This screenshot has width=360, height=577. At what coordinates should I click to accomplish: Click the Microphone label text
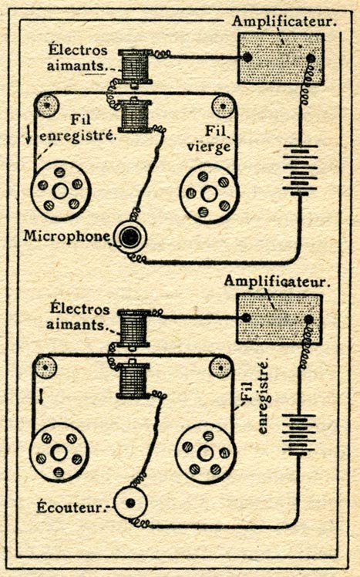tap(66, 236)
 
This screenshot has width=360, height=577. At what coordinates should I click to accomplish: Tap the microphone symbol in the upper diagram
tap(130, 237)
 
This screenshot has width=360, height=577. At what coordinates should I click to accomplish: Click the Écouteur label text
tap(69, 508)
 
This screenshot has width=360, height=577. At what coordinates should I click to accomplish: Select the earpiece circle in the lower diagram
tap(130, 503)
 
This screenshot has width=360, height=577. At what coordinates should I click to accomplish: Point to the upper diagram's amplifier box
tap(281, 59)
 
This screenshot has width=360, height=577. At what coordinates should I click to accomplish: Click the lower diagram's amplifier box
tap(279, 319)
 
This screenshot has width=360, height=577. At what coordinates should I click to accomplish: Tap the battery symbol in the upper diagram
tap(300, 170)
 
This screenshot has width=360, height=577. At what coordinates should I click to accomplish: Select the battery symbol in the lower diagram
tap(298, 434)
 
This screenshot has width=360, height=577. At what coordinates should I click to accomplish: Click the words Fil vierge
tap(210, 139)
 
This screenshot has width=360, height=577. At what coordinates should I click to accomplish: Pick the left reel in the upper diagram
tap(61, 191)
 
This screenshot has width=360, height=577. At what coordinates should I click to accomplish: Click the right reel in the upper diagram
tap(209, 194)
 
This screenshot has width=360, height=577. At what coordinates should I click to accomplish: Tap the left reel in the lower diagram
tap(59, 453)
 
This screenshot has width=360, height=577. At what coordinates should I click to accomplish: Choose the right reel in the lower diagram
tap(205, 454)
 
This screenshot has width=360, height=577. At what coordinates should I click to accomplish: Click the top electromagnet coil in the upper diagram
tap(134, 67)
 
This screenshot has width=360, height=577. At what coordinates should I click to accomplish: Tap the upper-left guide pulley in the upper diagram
tap(48, 106)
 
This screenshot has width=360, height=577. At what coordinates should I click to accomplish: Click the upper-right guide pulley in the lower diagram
tap(220, 367)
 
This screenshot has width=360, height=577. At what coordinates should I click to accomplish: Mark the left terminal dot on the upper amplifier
tap(247, 57)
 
